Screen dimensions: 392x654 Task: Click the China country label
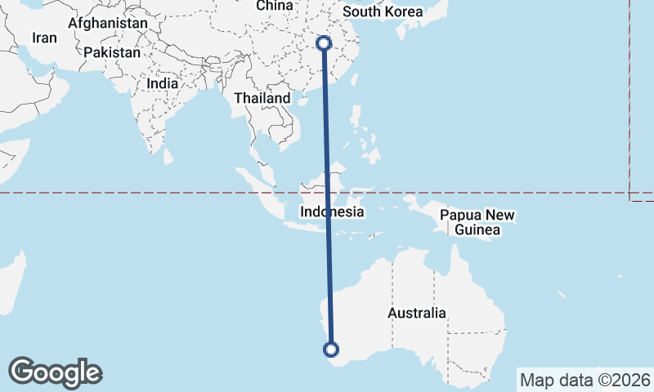tap(274, 6)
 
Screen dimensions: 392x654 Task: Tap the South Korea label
tap(383, 11)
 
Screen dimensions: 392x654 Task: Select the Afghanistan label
tap(108, 24)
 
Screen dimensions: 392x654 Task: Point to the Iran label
tap(44, 38)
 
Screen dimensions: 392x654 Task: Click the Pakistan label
tap(112, 52)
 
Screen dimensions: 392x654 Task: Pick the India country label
tap(162, 83)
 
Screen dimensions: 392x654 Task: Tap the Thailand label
tap(262, 98)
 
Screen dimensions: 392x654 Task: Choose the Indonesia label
tap(331, 212)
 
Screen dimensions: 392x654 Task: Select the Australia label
tap(417, 313)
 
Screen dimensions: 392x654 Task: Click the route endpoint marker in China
tap(325, 43)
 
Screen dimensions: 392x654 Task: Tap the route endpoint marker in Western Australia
tap(331, 350)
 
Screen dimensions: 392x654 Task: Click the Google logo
tap(55, 372)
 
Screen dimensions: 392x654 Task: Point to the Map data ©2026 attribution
tap(585, 380)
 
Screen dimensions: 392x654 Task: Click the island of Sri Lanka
tap(168, 154)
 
